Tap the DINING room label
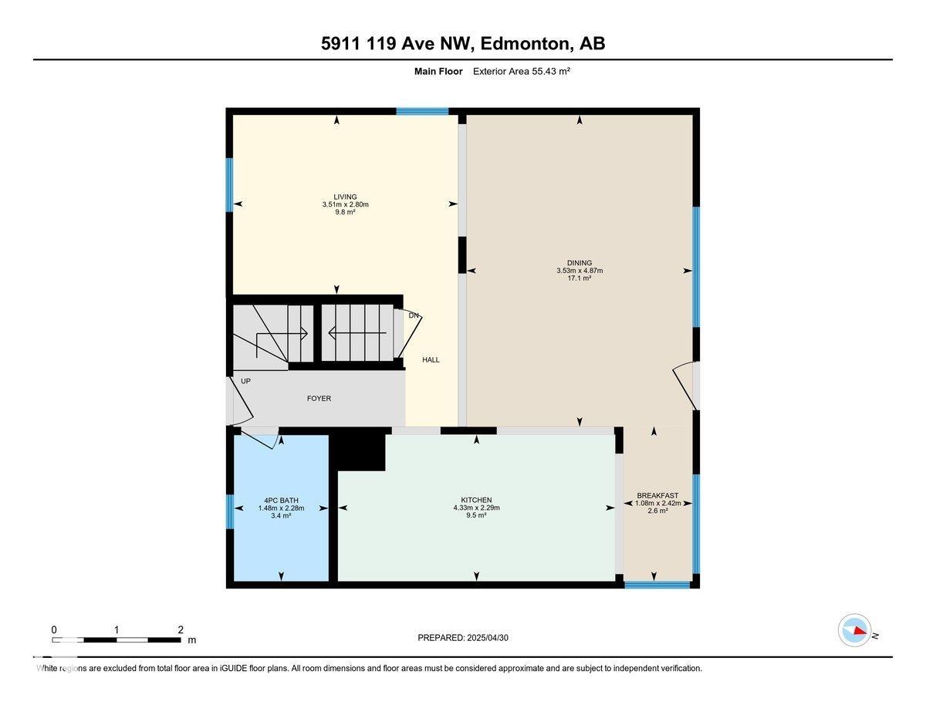579,263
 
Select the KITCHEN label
476,500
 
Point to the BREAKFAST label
657,495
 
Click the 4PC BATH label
281,500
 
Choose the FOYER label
319,399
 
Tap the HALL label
431,360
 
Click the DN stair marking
414,315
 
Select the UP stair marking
245,381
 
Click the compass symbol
855,630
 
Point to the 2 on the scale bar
180,629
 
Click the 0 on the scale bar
54,629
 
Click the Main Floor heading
438,71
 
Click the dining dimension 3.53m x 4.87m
579,271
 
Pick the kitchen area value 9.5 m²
476,515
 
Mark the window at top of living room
422,112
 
